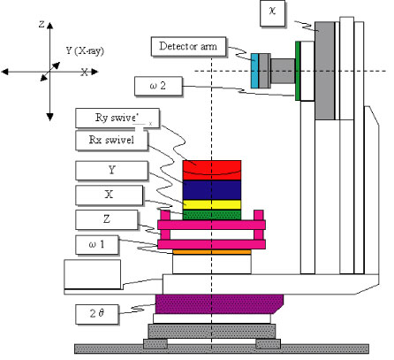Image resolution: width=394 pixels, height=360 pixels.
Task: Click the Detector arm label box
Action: click(188, 46)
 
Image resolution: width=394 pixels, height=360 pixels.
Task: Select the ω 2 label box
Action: click(158, 86)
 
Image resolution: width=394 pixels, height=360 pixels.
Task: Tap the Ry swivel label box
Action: click(117, 118)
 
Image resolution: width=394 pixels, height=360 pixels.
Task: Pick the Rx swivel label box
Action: click(111, 141)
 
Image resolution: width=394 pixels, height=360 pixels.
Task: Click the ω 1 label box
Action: click(97, 245)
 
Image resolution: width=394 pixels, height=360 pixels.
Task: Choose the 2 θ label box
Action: click(97, 314)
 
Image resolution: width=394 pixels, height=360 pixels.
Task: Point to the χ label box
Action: click(272, 13)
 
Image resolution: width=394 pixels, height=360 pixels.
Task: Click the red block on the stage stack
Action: click(212, 170)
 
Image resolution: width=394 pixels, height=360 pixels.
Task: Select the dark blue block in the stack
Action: click(212, 190)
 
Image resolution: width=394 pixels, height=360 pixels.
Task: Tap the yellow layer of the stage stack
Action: click(212, 205)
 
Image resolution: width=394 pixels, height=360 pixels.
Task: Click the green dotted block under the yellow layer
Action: click(212, 215)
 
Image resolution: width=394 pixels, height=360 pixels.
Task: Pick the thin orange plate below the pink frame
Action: click(212, 252)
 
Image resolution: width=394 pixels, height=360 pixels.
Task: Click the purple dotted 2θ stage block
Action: click(219, 304)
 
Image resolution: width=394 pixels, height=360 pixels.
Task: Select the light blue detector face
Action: click(254, 71)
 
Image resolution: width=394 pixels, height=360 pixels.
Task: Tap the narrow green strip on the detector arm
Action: click(298, 71)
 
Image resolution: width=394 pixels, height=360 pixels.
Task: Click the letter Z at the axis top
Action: click(42, 24)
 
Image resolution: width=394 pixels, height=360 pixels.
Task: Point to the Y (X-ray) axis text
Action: click(85, 50)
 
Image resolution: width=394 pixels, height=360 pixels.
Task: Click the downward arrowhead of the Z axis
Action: click(49, 117)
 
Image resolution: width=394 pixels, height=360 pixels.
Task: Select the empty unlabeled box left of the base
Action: click(93, 274)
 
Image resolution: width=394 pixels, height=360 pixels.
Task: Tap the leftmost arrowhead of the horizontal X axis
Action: click(5, 72)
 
